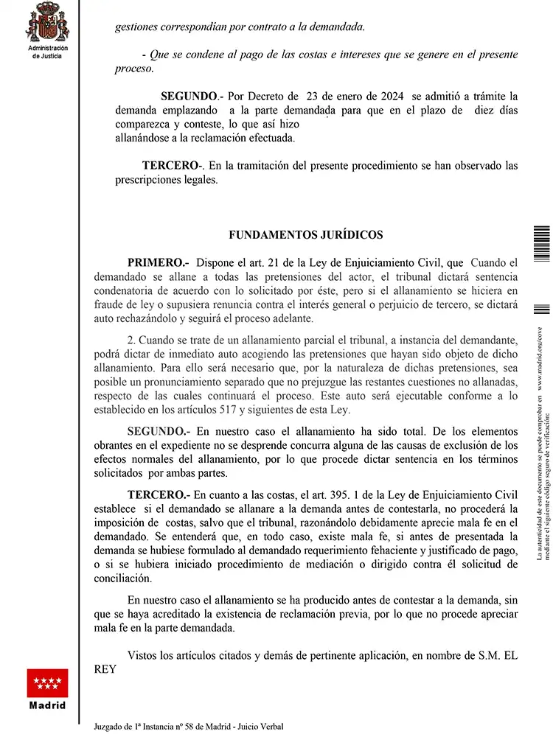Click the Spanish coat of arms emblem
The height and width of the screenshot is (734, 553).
48,22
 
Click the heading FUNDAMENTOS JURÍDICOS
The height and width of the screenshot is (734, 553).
306,235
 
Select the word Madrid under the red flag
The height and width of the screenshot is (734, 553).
47,705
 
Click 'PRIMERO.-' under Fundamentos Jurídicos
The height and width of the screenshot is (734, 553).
158,262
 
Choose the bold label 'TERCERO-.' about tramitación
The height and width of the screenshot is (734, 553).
173,166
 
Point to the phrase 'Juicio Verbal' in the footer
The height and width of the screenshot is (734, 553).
260,726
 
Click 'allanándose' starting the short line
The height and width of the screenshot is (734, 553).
147,138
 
